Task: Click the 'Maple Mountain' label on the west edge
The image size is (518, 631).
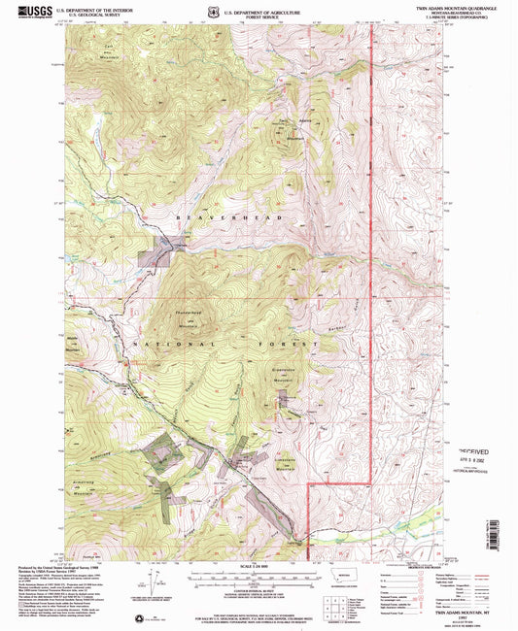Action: tap(73, 342)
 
